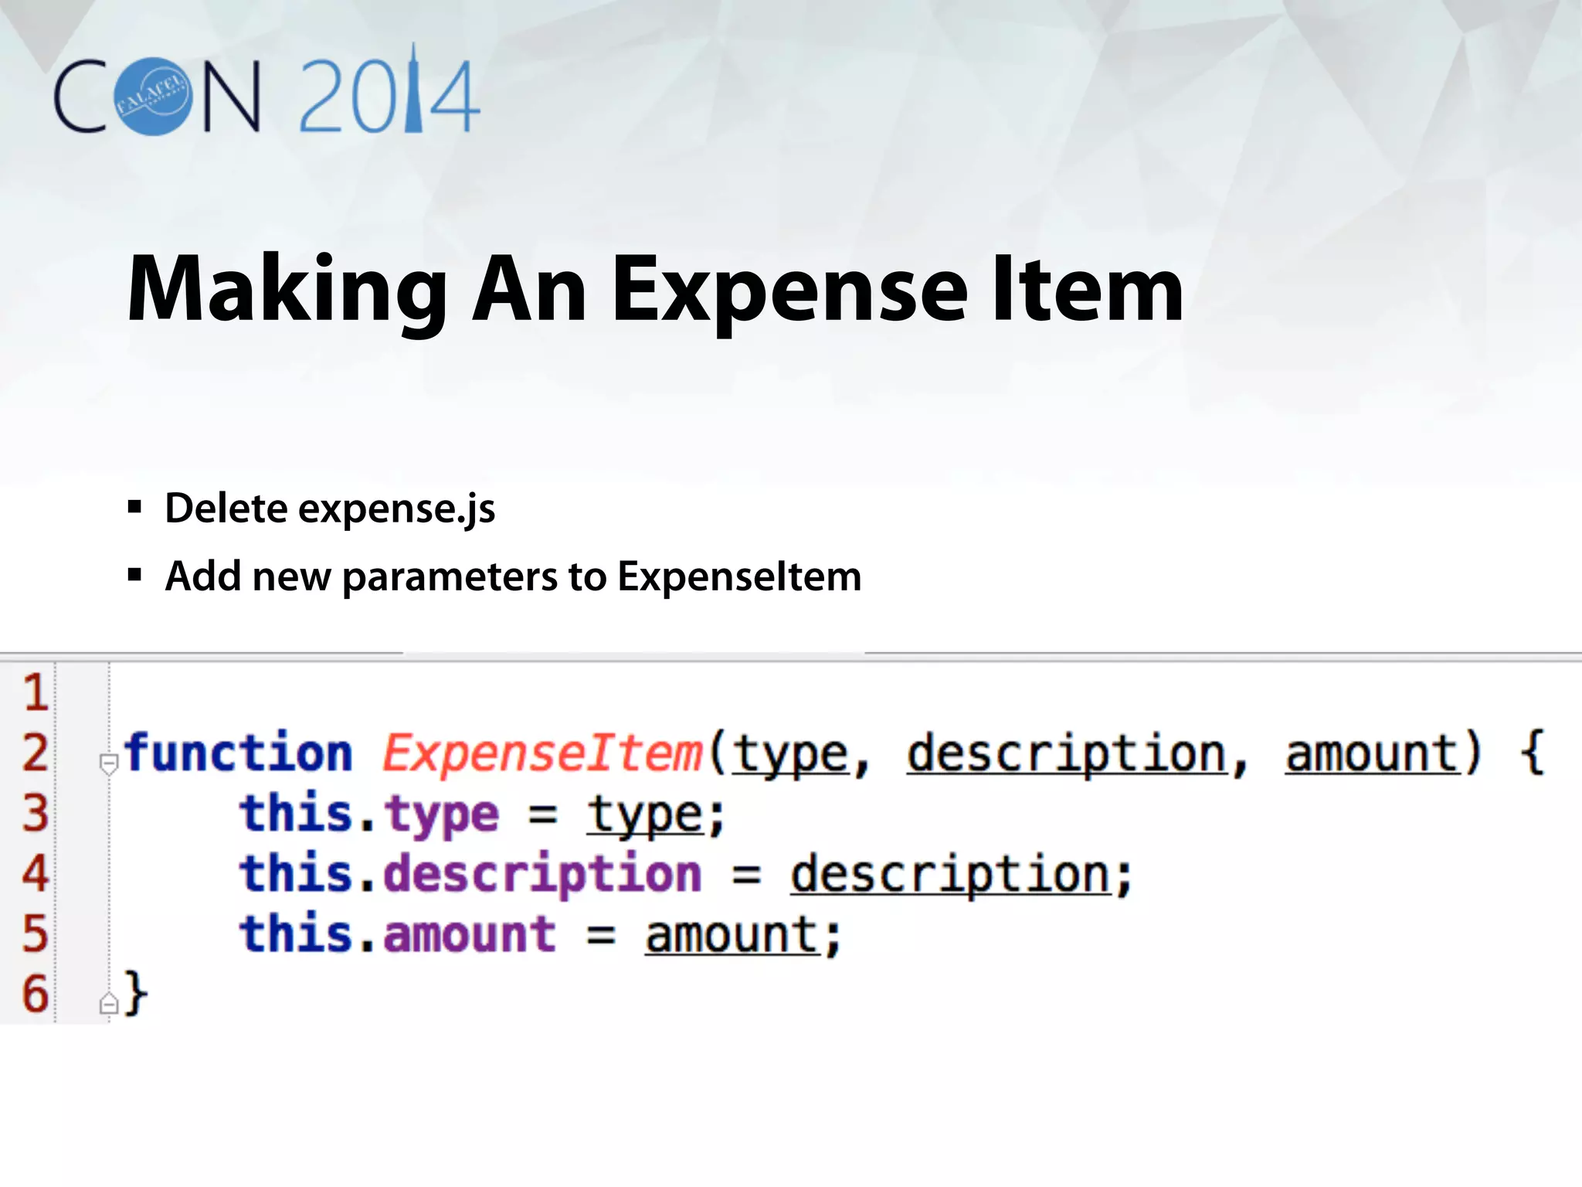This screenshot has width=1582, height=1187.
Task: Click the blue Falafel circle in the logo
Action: tap(153, 97)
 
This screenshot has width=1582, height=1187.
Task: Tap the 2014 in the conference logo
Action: tap(389, 97)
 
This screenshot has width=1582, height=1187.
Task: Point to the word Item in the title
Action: tap(1087, 289)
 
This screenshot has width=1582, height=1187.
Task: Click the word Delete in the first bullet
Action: tap(226, 508)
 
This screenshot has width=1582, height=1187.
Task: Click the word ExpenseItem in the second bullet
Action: tap(739, 576)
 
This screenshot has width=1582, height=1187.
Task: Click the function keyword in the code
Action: tap(238, 753)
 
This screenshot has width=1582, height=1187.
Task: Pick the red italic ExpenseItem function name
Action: tap(542, 753)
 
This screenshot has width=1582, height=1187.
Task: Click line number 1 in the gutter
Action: tap(35, 692)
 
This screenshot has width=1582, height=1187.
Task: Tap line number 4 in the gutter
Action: tap(35, 873)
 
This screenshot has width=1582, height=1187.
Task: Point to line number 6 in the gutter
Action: tap(35, 994)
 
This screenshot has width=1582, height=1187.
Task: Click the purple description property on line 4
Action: tap(542, 875)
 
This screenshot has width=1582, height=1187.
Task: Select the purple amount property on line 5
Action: tap(470, 934)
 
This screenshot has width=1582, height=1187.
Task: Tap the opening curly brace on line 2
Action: tap(1532, 753)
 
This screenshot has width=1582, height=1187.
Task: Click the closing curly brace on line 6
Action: tap(136, 994)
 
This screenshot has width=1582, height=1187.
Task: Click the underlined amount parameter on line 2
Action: tap(1370, 753)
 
